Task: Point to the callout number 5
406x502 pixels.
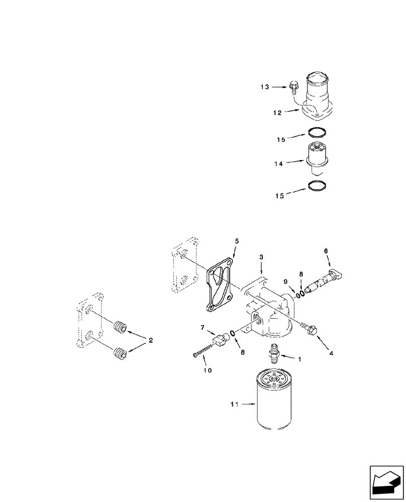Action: [x=237, y=241]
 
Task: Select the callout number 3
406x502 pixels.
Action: [x=262, y=257]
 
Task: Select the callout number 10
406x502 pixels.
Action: [x=208, y=370]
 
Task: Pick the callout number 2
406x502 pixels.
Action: [x=151, y=340]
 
